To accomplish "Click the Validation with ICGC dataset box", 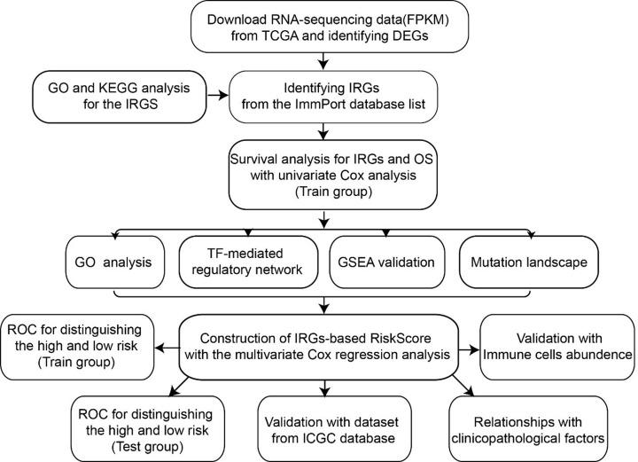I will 329,426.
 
